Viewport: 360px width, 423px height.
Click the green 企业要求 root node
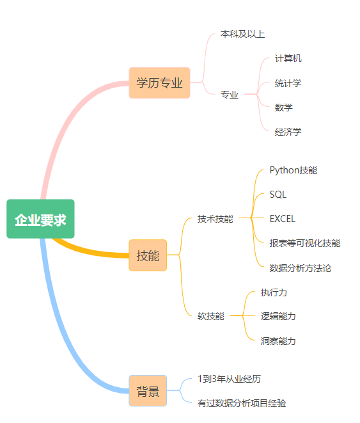(40, 219)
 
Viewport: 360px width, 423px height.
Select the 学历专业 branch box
(159, 83)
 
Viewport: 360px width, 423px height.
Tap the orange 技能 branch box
(148, 255)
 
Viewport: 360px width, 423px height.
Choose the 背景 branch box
(148, 390)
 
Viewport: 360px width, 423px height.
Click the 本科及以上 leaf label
(242, 35)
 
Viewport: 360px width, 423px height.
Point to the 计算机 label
(288, 58)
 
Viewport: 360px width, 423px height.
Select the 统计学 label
(288, 83)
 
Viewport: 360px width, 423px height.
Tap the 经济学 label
(288, 132)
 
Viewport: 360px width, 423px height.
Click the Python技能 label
(293, 170)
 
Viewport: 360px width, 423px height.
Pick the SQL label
(278, 195)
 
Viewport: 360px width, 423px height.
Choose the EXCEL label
(283, 219)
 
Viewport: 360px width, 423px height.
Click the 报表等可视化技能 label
(305, 243)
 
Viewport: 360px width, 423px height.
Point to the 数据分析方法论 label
(301, 268)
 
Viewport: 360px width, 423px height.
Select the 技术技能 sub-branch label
(215, 219)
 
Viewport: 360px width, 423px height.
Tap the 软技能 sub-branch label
(211, 316)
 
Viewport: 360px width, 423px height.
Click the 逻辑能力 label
(278, 316)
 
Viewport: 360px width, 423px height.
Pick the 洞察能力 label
(278, 341)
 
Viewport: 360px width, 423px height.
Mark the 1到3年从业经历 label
(230, 379)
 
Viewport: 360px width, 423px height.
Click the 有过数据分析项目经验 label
(242, 403)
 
